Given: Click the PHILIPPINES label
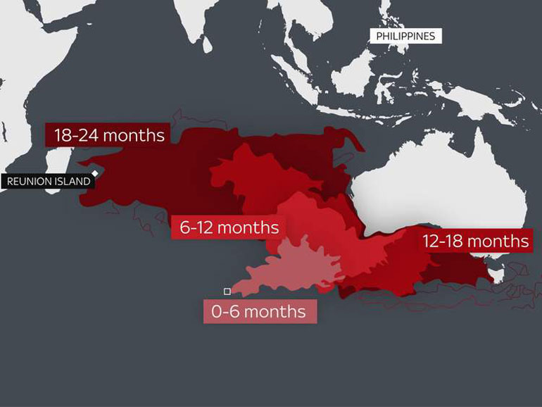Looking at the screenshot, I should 405,36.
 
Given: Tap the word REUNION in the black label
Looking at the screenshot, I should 27,182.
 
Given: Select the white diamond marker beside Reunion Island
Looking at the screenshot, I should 95,173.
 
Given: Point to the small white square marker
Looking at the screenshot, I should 227,291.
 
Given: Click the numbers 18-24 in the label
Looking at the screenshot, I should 75,135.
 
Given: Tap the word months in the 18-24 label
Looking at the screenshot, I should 133,135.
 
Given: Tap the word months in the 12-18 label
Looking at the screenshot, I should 498,242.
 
